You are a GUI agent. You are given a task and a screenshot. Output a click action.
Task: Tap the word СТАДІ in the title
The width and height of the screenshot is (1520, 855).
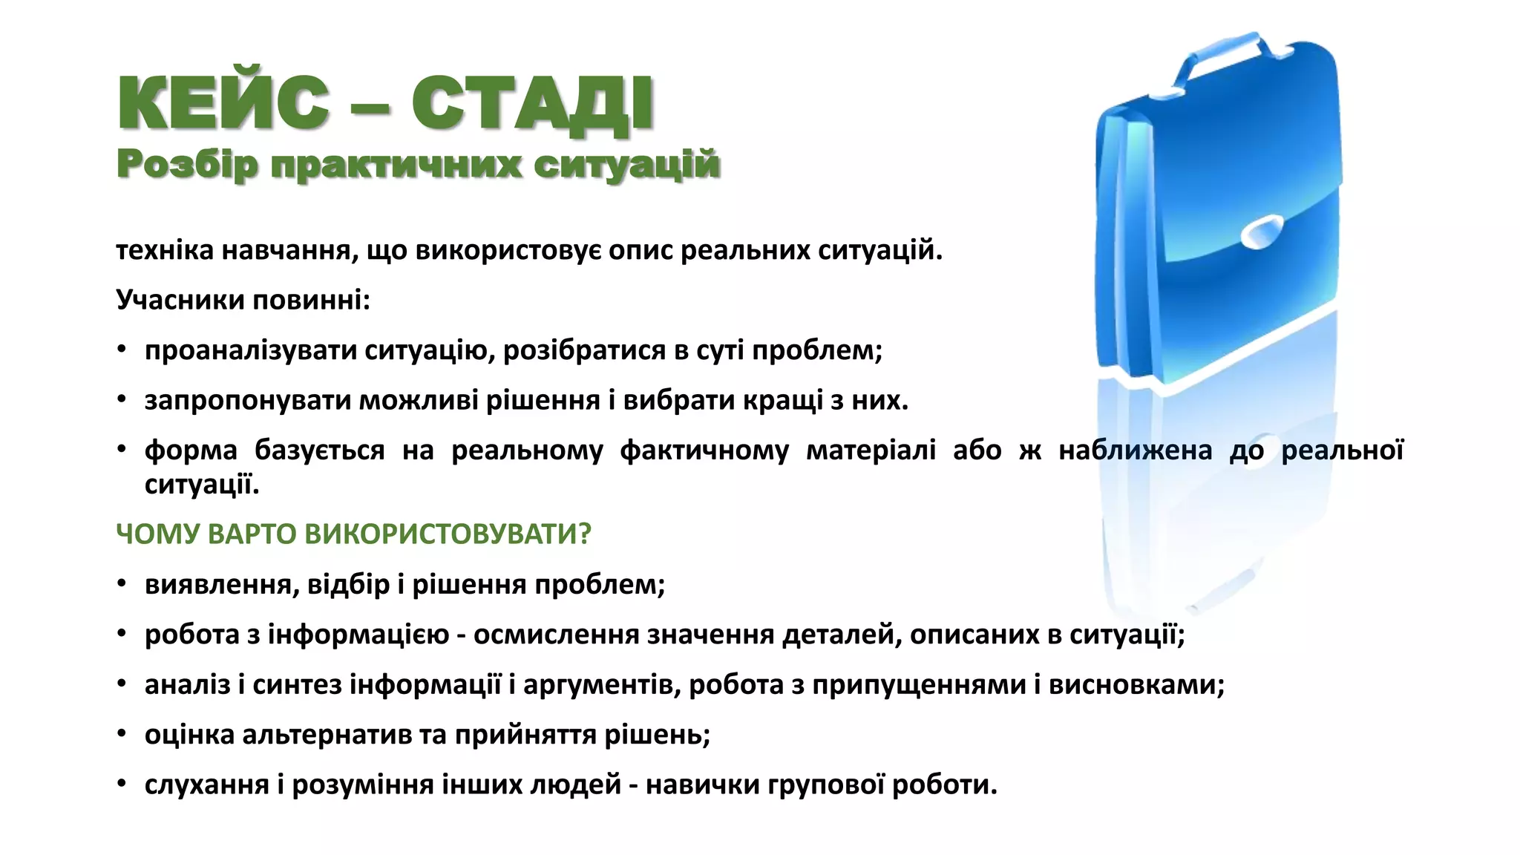pos(533,104)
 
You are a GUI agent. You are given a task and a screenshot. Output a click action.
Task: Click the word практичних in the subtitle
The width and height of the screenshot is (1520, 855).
pos(396,166)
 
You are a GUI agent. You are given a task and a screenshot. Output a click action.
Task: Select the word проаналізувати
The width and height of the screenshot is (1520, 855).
pos(250,350)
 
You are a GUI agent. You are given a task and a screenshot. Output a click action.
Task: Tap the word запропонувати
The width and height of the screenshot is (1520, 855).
pos(247,401)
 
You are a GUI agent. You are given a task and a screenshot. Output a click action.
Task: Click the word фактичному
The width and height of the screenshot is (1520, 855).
pos(704,451)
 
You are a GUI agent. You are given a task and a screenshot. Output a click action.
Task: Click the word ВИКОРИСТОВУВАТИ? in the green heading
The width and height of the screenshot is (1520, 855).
pos(448,534)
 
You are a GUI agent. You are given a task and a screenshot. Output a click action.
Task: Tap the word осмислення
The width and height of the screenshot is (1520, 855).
pos(556,635)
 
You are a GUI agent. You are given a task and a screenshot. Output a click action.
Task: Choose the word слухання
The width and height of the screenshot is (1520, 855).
pos(206,784)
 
